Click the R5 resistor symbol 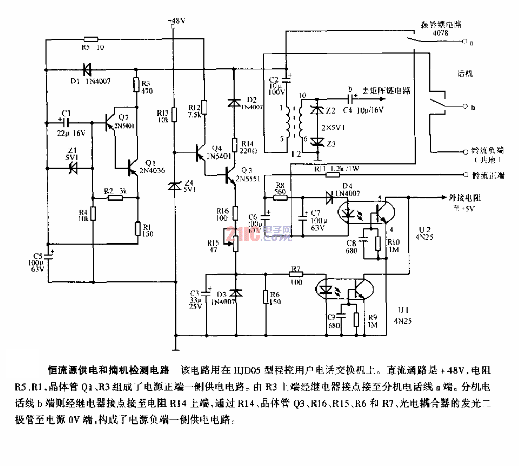tap(91, 39)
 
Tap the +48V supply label tap(175, 21)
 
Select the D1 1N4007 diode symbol tap(87, 68)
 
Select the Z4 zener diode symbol tap(175, 187)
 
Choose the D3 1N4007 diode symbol tap(235, 293)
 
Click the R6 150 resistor tap(266, 298)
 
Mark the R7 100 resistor tap(295, 275)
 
